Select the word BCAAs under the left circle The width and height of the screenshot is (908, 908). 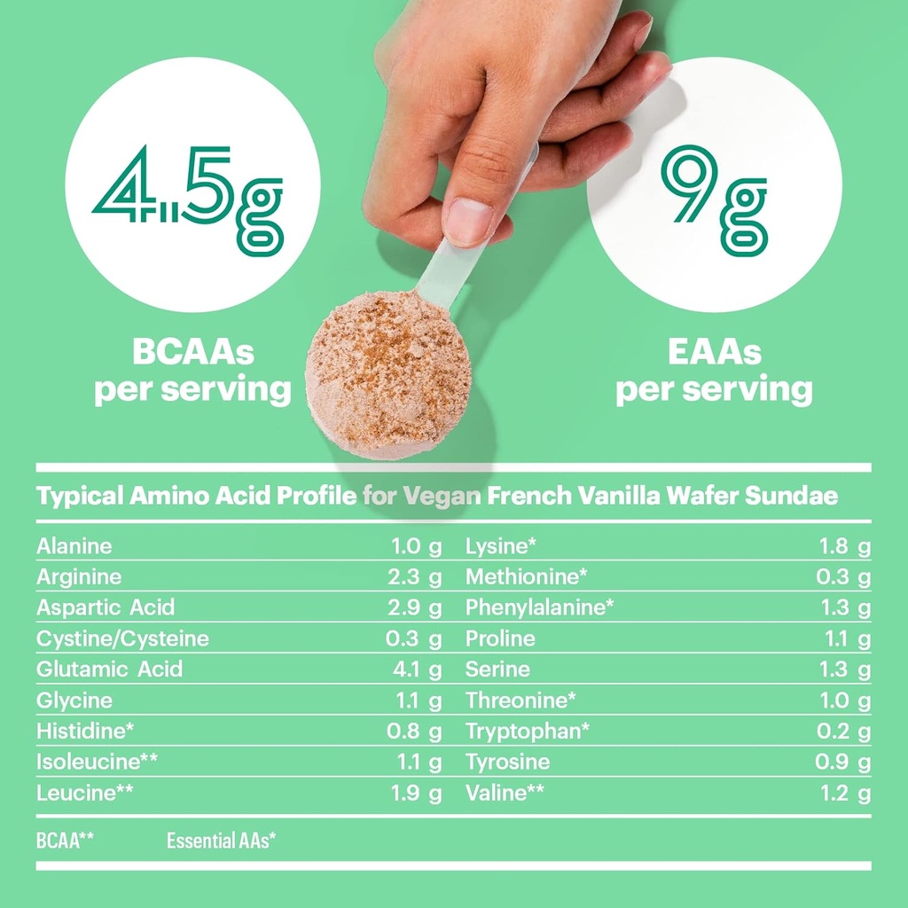192,353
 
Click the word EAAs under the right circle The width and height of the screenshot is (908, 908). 714,353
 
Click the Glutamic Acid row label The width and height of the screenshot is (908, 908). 109,669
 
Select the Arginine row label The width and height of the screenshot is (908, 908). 79,577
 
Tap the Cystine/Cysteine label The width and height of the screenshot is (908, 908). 122,638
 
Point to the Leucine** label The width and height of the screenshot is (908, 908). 76,793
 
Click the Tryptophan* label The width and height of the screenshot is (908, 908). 528,731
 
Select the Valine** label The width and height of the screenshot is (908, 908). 505,793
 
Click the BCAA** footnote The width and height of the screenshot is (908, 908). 65,840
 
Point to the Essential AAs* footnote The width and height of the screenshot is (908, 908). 221,840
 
